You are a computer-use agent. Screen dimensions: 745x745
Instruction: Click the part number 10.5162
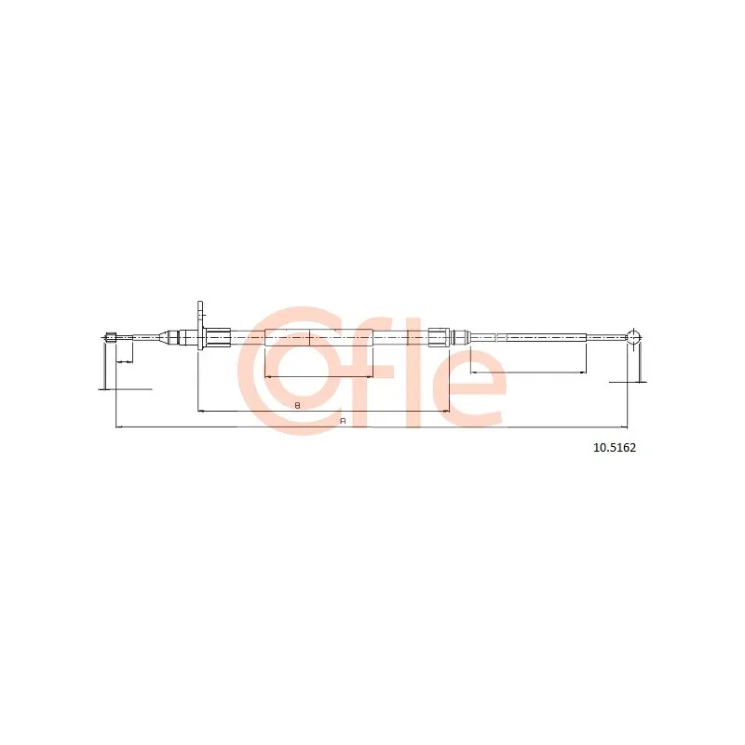coord(615,448)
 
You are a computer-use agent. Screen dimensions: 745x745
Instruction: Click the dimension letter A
coord(343,421)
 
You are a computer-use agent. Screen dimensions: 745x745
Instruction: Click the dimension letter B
coord(297,405)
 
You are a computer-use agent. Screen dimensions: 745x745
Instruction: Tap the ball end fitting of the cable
coord(633,337)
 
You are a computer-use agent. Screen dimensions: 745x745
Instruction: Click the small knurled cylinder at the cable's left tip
coord(111,338)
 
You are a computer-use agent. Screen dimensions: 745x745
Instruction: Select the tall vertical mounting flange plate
coord(200,326)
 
